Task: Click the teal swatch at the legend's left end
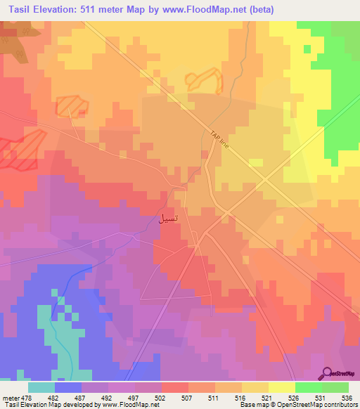(x=41, y=387)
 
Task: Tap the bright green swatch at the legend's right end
(x=335, y=387)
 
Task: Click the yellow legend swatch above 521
(x=255, y=387)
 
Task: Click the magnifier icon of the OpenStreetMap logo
(x=328, y=374)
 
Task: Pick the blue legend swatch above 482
(x=68, y=387)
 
